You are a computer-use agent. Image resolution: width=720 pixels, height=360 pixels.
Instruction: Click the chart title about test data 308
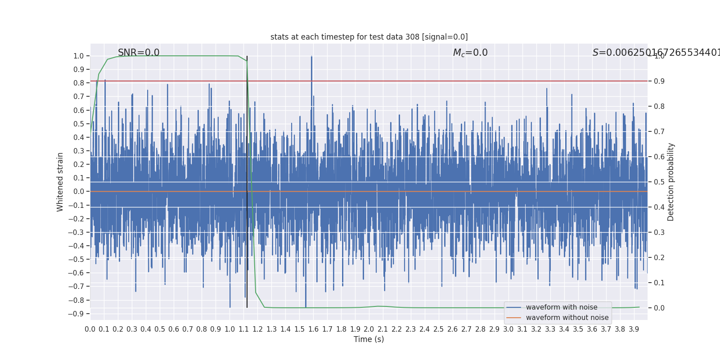pyautogui.click(x=369, y=37)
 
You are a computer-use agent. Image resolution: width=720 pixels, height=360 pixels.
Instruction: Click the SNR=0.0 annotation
pyautogui.click(x=139, y=53)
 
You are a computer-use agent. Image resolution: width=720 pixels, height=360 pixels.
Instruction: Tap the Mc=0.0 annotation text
pyautogui.click(x=470, y=53)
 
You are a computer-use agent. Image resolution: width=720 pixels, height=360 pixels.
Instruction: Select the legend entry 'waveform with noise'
pyautogui.click(x=562, y=307)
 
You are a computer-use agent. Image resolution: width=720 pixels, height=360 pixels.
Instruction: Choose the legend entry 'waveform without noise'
pyautogui.click(x=567, y=318)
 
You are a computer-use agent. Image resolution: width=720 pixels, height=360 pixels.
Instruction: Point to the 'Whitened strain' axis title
pyautogui.click(x=60, y=182)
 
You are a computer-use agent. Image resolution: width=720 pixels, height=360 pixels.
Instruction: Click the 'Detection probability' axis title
pyautogui.click(x=671, y=182)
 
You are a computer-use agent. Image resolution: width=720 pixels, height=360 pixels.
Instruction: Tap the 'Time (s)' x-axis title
pyautogui.click(x=369, y=339)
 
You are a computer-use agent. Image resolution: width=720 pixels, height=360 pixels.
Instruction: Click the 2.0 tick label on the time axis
pyautogui.click(x=369, y=329)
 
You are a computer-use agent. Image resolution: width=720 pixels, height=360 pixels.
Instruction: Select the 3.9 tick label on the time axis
pyautogui.click(x=634, y=329)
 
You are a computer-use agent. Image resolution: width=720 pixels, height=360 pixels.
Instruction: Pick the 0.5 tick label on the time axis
pyautogui.click(x=160, y=329)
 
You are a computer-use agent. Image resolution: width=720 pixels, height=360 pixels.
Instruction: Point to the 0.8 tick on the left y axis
pyautogui.click(x=78, y=83)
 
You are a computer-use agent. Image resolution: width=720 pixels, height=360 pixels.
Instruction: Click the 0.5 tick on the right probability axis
pyautogui.click(x=659, y=182)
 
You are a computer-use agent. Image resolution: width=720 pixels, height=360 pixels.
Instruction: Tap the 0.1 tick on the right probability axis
pyautogui.click(x=659, y=283)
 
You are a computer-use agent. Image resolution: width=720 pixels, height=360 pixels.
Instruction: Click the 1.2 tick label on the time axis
pyautogui.click(x=257, y=329)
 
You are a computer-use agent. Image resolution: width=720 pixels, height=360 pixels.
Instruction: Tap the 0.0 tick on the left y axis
pyautogui.click(x=78, y=192)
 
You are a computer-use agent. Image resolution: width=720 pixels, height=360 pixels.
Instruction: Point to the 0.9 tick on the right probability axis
pyautogui.click(x=659, y=81)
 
